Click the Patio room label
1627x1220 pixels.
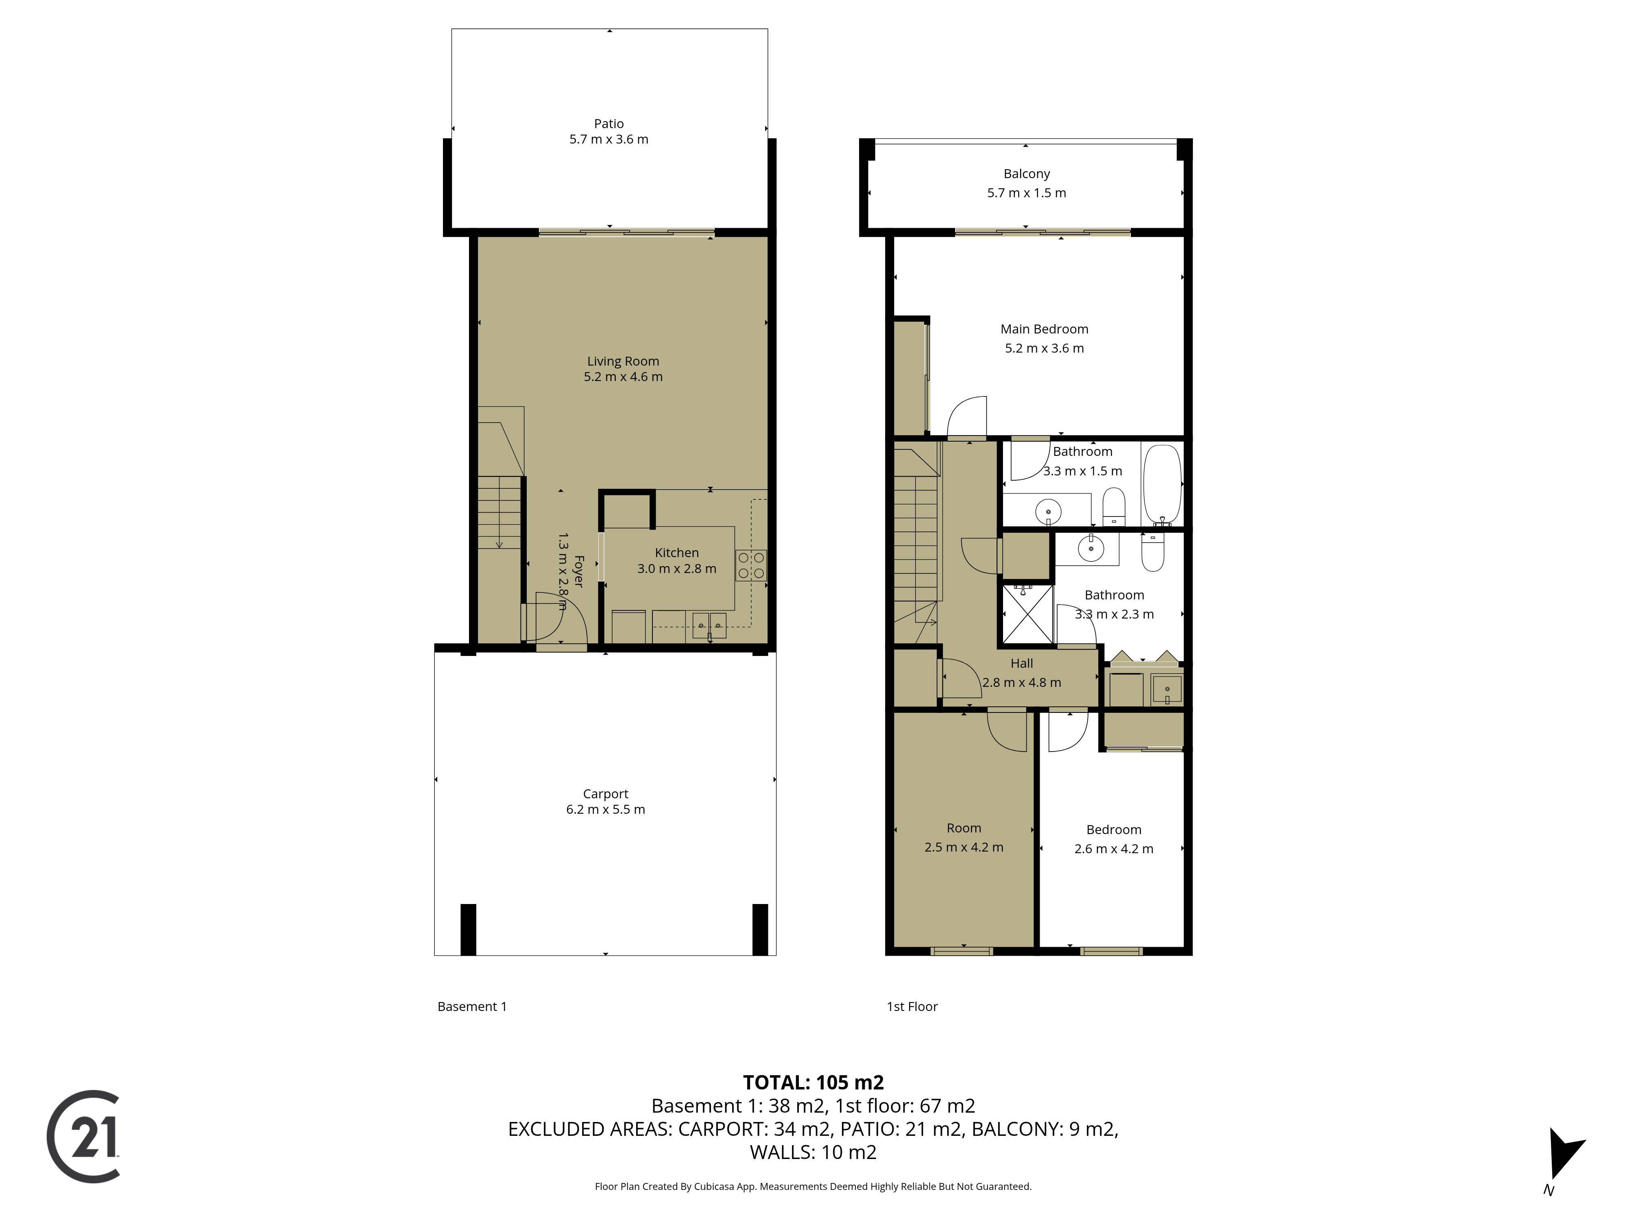tap(609, 124)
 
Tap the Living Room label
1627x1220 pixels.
tap(623, 361)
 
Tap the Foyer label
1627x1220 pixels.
tap(578, 571)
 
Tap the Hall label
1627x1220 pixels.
tap(1022, 663)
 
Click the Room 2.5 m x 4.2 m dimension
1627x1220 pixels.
tap(964, 847)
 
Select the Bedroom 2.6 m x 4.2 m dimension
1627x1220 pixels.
tap(1114, 849)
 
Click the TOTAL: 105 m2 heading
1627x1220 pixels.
tap(813, 1083)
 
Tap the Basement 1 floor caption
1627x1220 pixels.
tap(472, 1007)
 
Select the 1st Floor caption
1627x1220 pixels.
tap(912, 1007)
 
